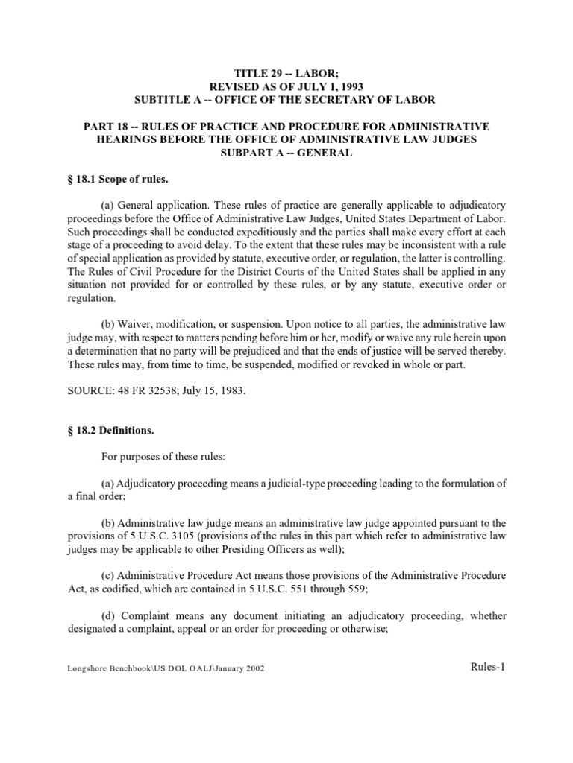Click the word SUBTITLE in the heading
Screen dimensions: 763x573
coord(164,99)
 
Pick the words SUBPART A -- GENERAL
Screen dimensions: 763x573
coord(286,152)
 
